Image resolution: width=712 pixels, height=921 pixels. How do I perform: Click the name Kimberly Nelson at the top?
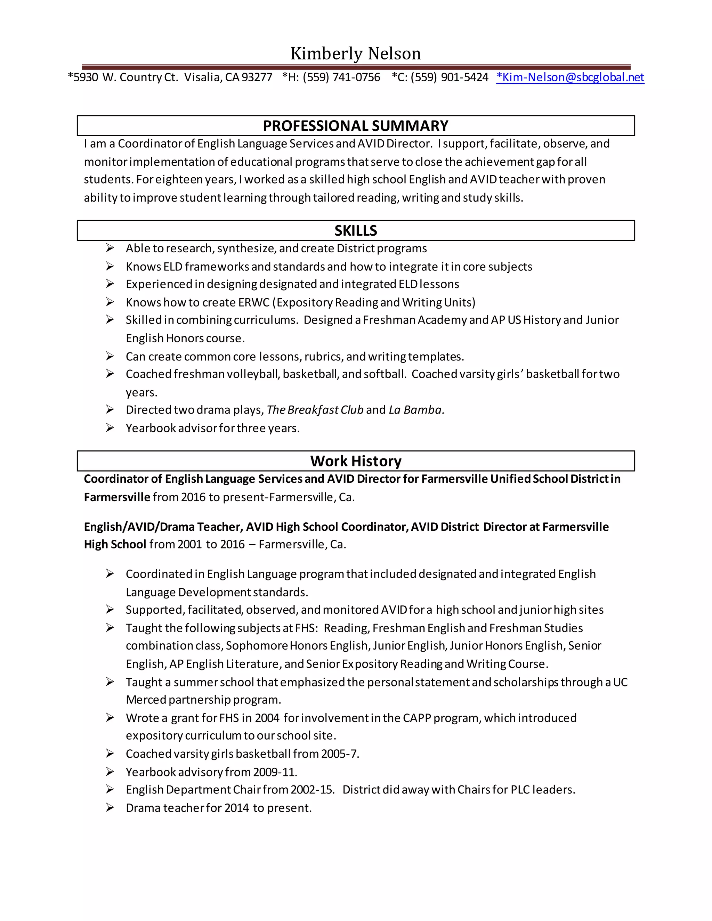point(356,54)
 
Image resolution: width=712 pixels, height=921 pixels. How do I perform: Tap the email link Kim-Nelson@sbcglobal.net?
point(570,77)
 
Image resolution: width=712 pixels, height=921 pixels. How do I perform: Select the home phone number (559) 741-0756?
point(341,77)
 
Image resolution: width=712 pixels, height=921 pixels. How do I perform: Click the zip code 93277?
point(257,77)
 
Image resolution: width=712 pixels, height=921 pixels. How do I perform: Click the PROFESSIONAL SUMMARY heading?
point(356,126)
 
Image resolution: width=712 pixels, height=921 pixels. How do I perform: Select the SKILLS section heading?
point(356,231)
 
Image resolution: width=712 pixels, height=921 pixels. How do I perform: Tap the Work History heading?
point(356,461)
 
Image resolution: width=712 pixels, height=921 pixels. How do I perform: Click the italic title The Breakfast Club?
point(315,410)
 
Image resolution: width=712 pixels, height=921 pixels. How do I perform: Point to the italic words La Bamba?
point(415,410)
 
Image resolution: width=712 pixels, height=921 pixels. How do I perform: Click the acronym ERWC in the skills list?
point(253,302)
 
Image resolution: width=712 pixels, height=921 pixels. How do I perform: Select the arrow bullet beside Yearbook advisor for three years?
point(110,428)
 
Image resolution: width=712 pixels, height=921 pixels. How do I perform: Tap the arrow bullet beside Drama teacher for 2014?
point(110,808)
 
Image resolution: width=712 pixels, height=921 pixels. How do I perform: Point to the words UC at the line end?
point(620,682)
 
